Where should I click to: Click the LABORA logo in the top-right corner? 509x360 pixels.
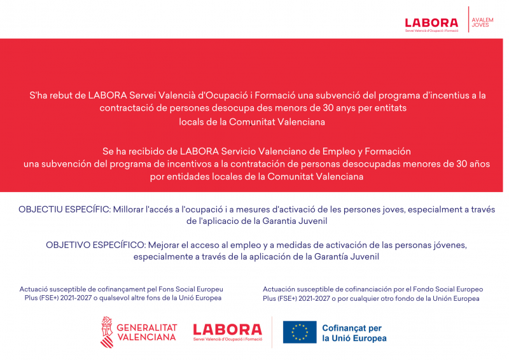[x=431, y=24]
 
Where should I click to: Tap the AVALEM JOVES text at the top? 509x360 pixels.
[x=482, y=23]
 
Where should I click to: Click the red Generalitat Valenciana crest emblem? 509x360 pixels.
[x=106, y=331]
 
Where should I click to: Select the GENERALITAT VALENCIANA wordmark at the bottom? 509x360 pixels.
[x=146, y=332]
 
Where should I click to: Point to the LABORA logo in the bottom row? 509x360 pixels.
[x=227, y=331]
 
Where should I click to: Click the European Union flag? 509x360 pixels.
[x=300, y=332]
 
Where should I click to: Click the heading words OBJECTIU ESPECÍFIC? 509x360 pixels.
[x=64, y=209]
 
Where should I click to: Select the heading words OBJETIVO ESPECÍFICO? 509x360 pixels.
[x=96, y=245]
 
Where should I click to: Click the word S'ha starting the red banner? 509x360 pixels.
[x=39, y=95]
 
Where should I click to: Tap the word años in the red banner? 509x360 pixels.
[x=477, y=164]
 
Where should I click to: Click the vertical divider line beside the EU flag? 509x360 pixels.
[x=272, y=331]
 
